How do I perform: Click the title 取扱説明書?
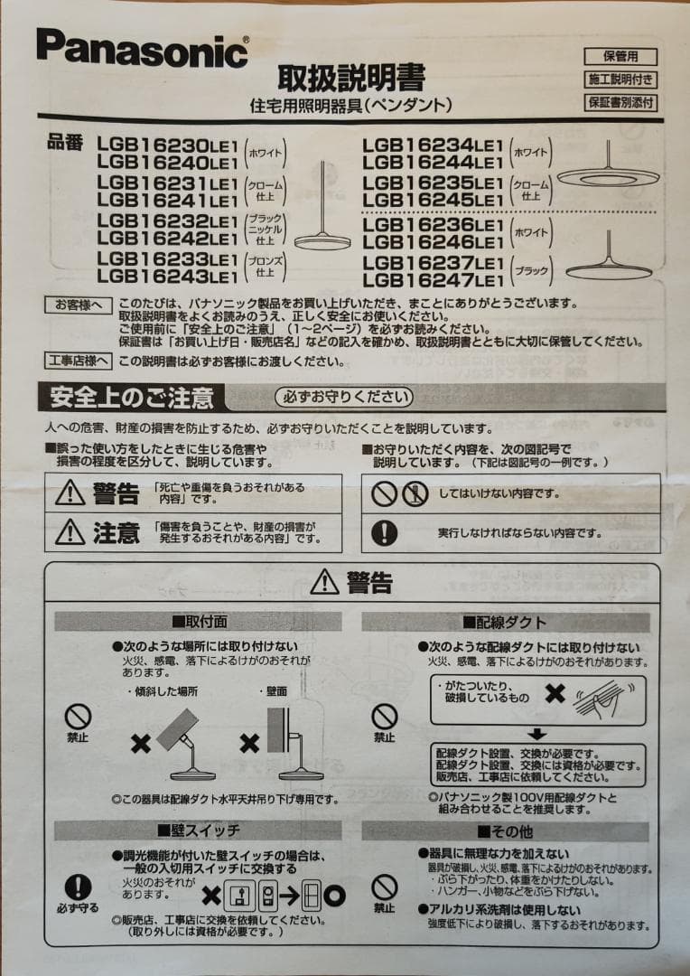pyautogui.click(x=350, y=78)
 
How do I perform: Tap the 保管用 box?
pyautogui.click(x=620, y=56)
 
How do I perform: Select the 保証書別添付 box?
pyautogui.click(x=620, y=102)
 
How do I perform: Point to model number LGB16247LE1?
pyautogui.click(x=432, y=280)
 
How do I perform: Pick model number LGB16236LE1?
pyautogui.click(x=432, y=223)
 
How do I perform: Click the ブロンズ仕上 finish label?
pyautogui.click(x=266, y=266)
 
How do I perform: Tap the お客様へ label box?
pyautogui.click(x=79, y=305)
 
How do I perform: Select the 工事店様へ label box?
pyautogui.click(x=79, y=361)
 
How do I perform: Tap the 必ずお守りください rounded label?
pyautogui.click(x=343, y=397)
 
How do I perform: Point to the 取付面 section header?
pyautogui.click(x=199, y=622)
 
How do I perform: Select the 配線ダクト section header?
pyautogui.click(x=505, y=622)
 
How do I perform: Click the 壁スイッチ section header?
pyautogui.click(x=199, y=830)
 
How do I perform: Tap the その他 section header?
pyautogui.click(x=505, y=830)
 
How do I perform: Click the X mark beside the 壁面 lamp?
pyautogui.click(x=249, y=744)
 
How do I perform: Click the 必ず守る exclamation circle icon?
pyautogui.click(x=79, y=887)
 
